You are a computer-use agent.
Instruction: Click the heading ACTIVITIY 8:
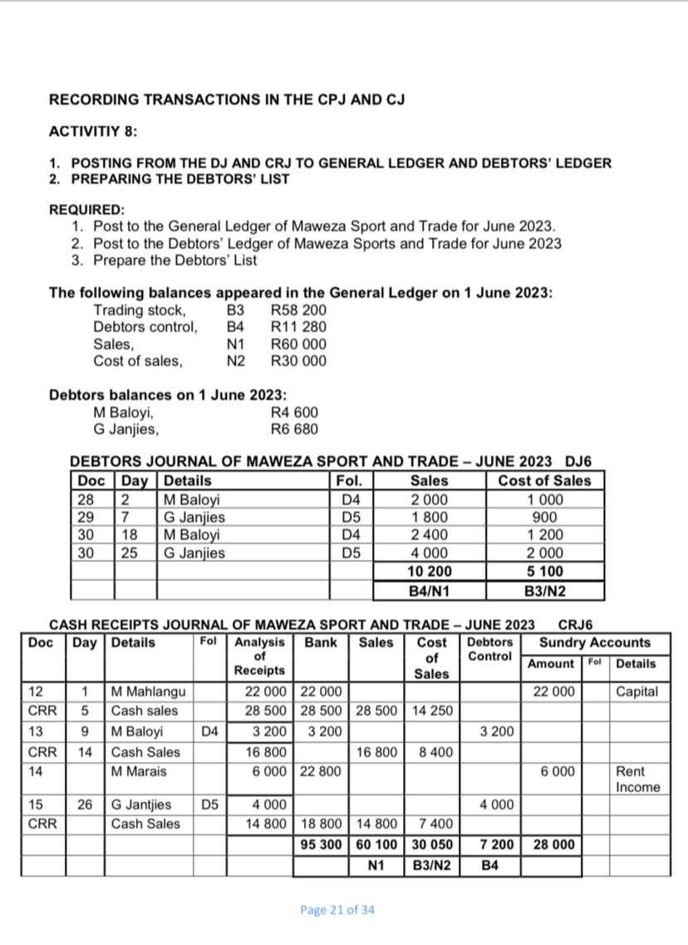(x=93, y=131)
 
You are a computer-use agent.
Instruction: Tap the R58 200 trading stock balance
(x=299, y=311)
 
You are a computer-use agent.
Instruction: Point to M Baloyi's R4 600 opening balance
(x=295, y=413)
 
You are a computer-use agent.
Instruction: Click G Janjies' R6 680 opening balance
(x=295, y=429)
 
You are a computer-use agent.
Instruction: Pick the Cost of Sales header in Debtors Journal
(x=544, y=481)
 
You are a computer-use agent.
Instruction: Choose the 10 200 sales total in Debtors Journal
(x=430, y=571)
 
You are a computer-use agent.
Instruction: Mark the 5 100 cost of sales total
(x=545, y=571)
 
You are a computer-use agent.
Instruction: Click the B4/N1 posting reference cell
(x=430, y=591)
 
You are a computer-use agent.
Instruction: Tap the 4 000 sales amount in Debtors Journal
(x=430, y=553)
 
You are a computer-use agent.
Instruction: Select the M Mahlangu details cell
(x=148, y=692)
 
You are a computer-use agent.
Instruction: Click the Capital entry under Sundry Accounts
(x=637, y=692)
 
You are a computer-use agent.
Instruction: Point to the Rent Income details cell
(x=637, y=779)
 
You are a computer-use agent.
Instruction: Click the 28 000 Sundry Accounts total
(x=554, y=845)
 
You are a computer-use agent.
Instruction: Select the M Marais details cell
(x=139, y=771)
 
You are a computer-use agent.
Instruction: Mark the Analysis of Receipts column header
(x=260, y=656)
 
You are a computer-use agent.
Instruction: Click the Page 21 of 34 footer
(x=337, y=909)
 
